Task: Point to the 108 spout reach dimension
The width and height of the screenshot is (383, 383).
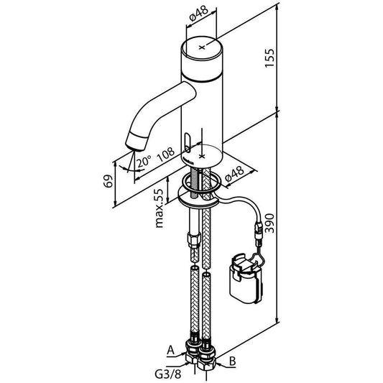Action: click(x=167, y=154)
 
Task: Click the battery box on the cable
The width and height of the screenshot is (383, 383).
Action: click(x=244, y=279)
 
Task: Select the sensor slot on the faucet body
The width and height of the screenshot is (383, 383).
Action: click(x=188, y=139)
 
